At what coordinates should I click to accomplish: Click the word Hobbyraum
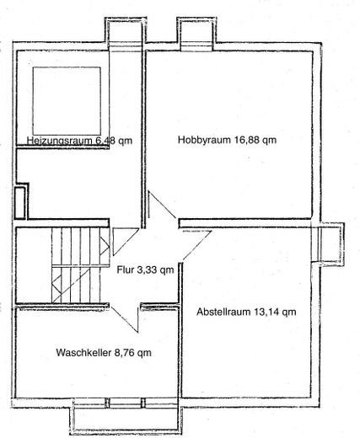[x=205, y=140]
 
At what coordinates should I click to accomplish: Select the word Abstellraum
[x=223, y=312]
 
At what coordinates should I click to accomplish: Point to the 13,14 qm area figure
[x=275, y=312]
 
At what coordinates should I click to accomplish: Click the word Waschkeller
[x=83, y=352]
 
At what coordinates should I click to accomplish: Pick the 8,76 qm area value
[x=132, y=353]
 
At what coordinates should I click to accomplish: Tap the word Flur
[x=126, y=270]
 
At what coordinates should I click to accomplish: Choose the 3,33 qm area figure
[x=155, y=270]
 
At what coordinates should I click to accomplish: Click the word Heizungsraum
[x=59, y=141]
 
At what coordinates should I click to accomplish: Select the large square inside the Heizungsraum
[x=67, y=101]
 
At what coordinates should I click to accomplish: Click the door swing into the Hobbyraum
[x=162, y=206]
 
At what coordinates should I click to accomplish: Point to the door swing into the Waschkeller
[x=126, y=319]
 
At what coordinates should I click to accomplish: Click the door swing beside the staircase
[x=126, y=242]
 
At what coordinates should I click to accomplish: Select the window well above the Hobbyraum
[x=196, y=33]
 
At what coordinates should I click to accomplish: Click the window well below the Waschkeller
[x=126, y=417]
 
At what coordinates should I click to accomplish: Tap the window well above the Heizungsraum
[x=126, y=34]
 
